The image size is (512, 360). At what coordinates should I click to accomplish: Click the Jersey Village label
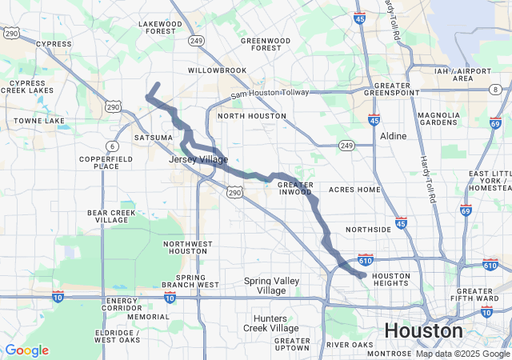(x=198, y=160)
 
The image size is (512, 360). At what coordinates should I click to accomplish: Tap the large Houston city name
(x=423, y=331)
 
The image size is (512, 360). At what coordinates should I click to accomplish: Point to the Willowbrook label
(x=218, y=70)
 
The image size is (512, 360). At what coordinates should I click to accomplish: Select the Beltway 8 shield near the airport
(x=496, y=89)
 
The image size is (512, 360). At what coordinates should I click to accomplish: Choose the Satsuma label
(x=153, y=138)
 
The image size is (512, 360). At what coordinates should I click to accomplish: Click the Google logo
(x=26, y=350)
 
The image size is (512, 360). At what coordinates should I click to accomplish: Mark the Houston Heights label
(x=391, y=280)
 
